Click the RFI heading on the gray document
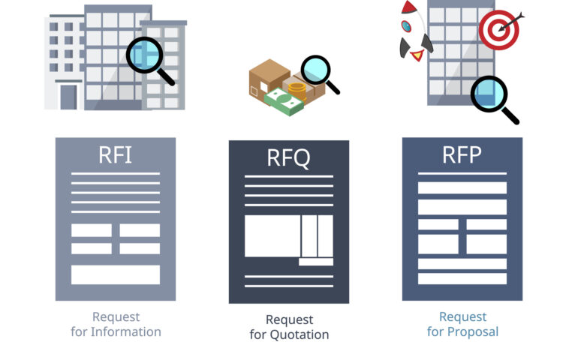[115, 155]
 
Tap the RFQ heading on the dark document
[288, 158]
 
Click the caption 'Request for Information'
[116, 324]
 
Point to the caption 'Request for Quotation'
[289, 327]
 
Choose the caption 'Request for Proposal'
[462, 324]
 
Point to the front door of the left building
[68, 97]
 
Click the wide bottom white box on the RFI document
[116, 274]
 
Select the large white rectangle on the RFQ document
[272, 235]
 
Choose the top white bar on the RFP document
[462, 187]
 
